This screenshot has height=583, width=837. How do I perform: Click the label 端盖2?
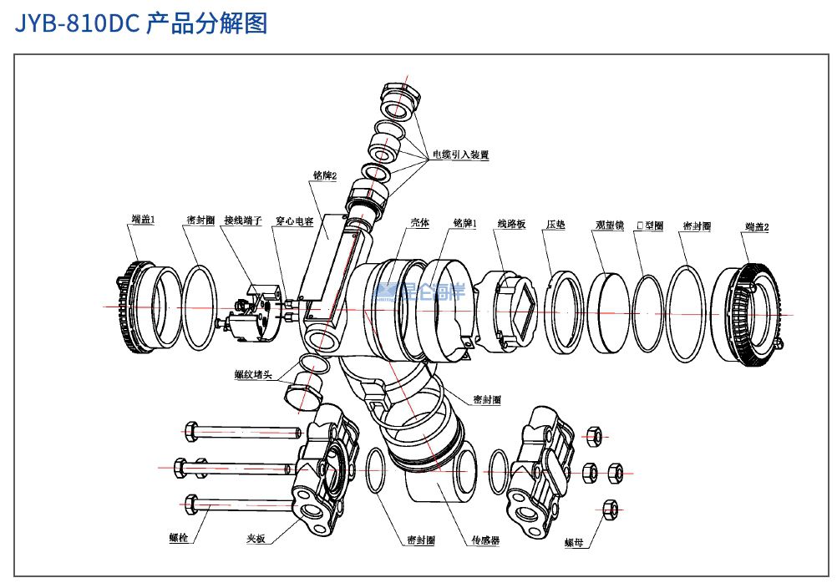(756, 226)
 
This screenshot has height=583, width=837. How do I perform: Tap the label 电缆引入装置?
(459, 155)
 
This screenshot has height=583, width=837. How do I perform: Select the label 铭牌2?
(324, 176)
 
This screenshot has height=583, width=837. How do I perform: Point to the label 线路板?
(511, 224)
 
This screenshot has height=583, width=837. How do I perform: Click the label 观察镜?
(609, 225)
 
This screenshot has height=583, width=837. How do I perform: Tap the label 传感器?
(485, 540)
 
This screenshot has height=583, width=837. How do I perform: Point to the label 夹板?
(256, 539)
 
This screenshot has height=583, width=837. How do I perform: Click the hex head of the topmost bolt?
(190, 432)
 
